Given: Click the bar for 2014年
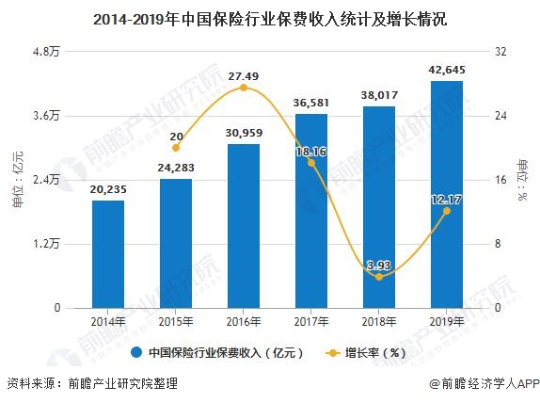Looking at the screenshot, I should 108,253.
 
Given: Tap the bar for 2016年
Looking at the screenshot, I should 243,225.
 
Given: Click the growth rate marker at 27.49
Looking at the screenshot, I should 243,88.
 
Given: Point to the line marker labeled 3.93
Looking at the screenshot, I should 378,277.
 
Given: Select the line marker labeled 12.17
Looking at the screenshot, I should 446,210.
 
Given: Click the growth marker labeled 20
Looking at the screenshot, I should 176,148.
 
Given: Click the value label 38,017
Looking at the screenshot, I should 378,95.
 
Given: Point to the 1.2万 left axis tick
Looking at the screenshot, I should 47,244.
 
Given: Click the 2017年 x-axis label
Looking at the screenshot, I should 310,322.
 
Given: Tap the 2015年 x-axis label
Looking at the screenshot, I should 176,322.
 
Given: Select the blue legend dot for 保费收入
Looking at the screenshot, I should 137,353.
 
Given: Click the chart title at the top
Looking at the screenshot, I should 270,16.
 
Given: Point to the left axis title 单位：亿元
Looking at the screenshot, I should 17,179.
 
